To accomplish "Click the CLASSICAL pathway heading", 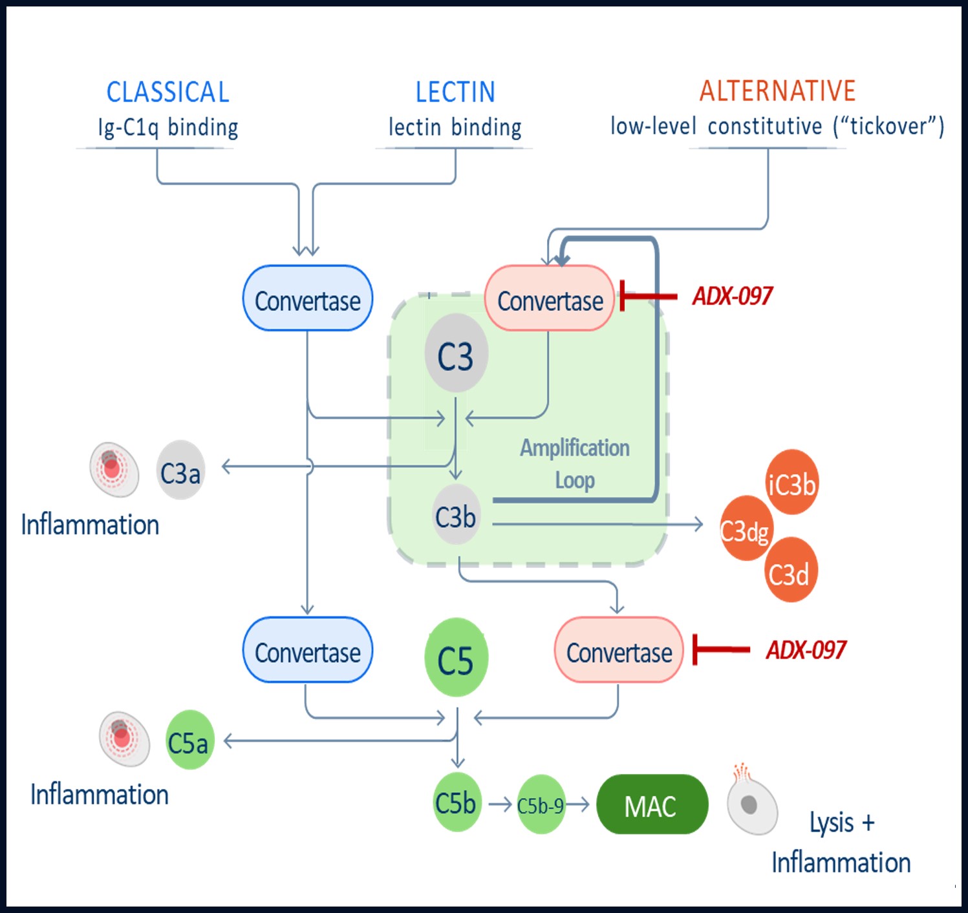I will tap(167, 92).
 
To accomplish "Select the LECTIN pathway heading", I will tap(455, 92).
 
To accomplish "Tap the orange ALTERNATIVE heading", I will tap(777, 91).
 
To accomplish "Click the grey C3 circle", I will tap(456, 354).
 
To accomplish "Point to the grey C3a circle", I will tap(180, 471).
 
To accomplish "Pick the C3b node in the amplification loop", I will tap(456, 516).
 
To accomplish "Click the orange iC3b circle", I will tap(791, 483).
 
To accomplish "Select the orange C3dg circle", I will tap(746, 529).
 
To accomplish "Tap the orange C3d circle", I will tap(790, 571).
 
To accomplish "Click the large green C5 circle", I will tap(456, 658).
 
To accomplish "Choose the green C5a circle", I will tap(189, 740).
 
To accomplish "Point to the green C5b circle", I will tap(457, 803).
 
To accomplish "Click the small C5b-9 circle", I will tap(541, 804).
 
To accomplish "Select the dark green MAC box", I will tap(652, 804).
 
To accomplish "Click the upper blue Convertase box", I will tap(307, 299).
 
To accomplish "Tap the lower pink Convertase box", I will tap(619, 651).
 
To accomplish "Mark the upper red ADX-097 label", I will tap(733, 296).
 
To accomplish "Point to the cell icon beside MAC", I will tap(752, 804).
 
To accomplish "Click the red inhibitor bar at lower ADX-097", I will tap(720, 649).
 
